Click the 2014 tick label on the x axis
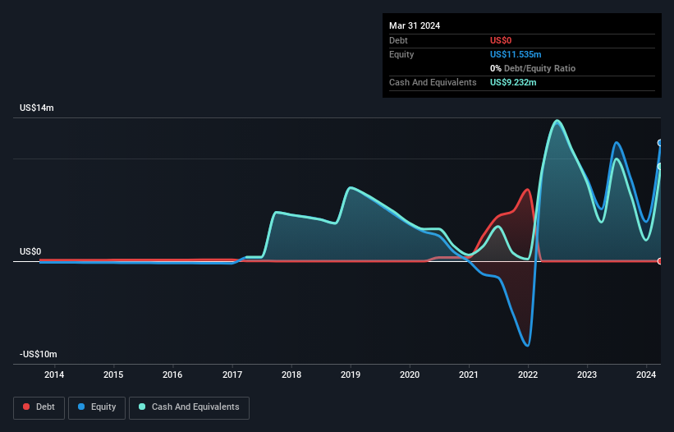[x=54, y=375]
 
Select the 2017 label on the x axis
[x=232, y=375]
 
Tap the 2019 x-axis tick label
[x=351, y=375]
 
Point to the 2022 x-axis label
[x=529, y=375]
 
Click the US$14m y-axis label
[x=37, y=108]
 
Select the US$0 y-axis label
[x=32, y=252]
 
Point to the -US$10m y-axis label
[x=39, y=354]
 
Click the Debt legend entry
[x=38, y=407]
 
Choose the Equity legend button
[x=97, y=407]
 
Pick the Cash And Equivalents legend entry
[x=189, y=407]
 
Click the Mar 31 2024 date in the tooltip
[x=415, y=25]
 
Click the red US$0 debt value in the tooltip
[x=502, y=40]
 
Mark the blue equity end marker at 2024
[x=660, y=143]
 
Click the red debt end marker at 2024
[x=660, y=261]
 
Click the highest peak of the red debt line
[x=527, y=190]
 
